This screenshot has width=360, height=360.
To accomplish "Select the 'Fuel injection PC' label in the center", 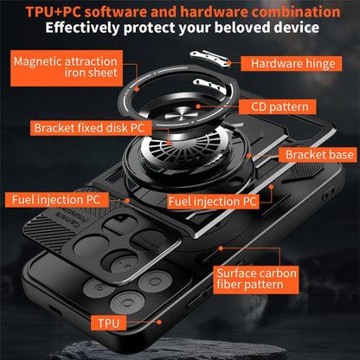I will pyautogui.click(x=213, y=201).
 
